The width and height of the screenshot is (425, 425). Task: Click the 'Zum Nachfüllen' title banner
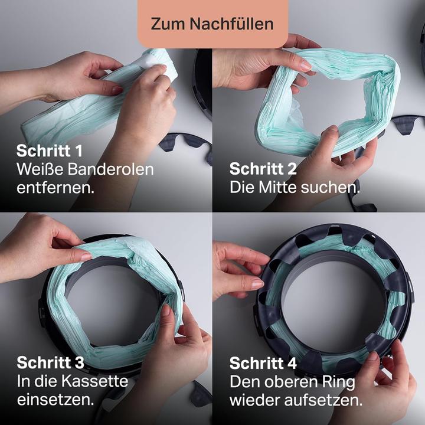[x=212, y=24]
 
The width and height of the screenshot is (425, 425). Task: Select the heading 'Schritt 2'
[x=263, y=169]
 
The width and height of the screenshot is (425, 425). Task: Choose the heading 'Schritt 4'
[x=263, y=362]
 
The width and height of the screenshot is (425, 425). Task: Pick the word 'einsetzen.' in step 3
[x=55, y=400]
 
